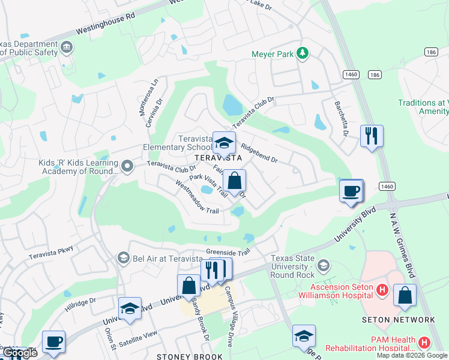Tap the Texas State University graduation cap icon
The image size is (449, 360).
click(324, 265)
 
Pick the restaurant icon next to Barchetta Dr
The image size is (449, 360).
click(372, 136)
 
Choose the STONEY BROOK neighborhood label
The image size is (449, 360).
click(182, 356)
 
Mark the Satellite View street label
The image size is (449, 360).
click(139, 338)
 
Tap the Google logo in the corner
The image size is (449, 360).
click(19, 353)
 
